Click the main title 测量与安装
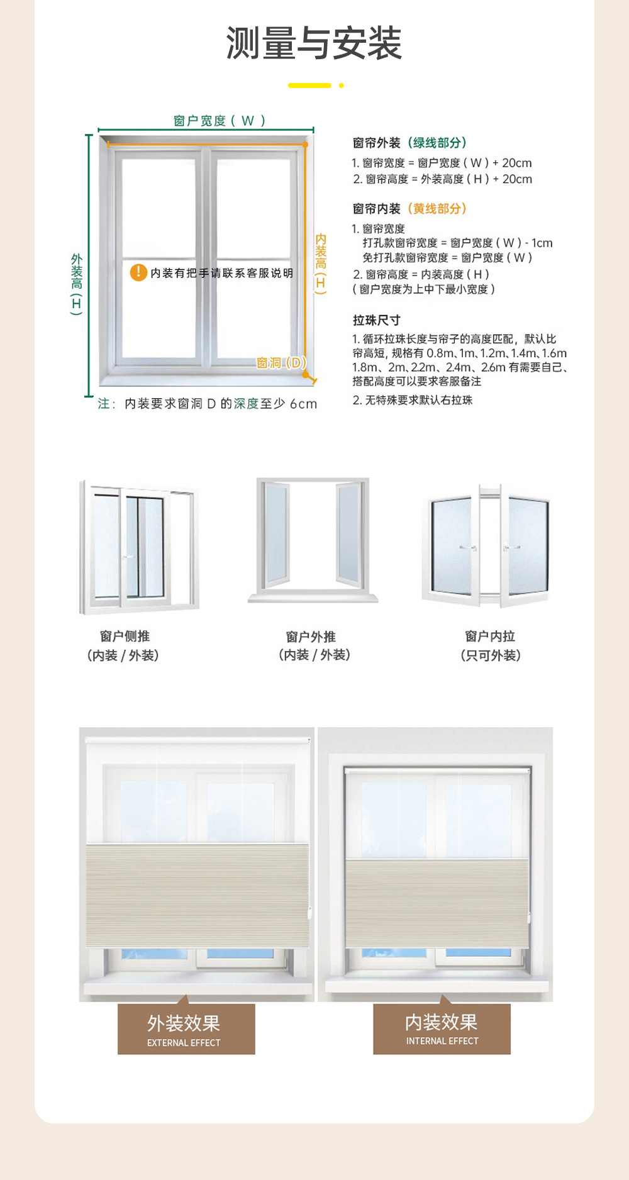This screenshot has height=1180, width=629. (314, 43)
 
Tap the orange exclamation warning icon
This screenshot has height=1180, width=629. (138, 272)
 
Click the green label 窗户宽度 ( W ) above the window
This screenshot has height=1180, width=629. (220, 121)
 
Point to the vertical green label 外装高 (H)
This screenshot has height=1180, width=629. (77, 284)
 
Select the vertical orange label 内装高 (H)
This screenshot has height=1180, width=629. (321, 264)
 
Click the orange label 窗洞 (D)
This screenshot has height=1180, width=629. (281, 363)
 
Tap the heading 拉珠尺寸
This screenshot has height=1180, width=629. (376, 320)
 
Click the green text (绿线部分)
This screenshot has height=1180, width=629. (437, 143)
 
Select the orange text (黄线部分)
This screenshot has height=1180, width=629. (437, 209)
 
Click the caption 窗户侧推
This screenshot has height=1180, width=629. (125, 637)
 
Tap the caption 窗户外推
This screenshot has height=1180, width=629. (311, 637)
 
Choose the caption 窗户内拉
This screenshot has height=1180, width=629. (490, 637)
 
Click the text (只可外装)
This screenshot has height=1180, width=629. (490, 655)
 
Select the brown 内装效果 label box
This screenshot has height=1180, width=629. (442, 1028)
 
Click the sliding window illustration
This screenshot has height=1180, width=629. (139, 547)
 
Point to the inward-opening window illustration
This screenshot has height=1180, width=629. (487, 545)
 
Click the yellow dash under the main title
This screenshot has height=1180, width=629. (309, 85)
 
